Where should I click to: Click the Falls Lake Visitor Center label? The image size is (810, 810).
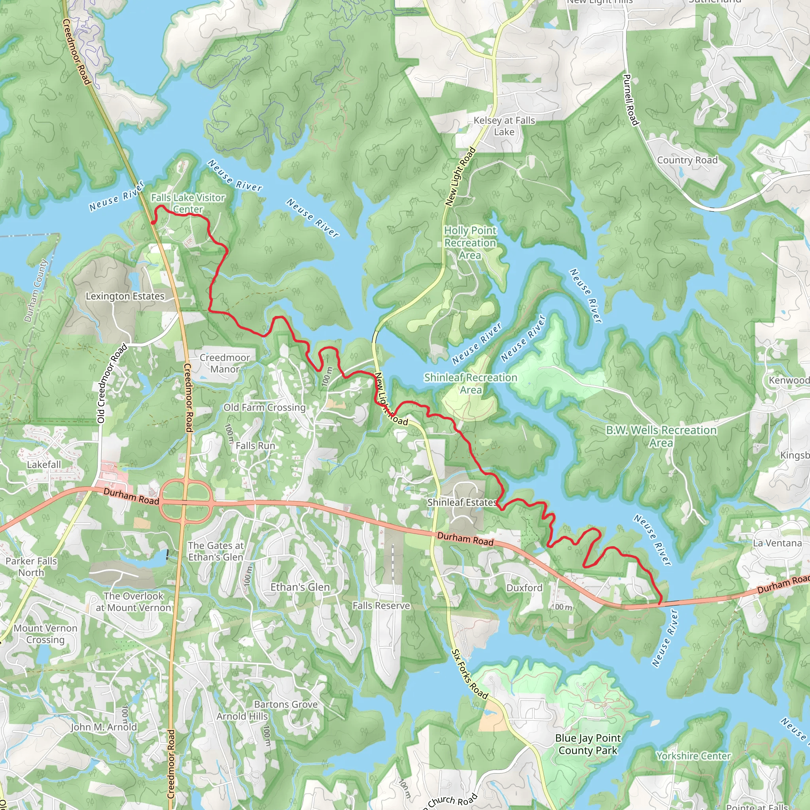pos(188,203)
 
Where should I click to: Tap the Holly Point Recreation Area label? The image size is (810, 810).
pos(470,243)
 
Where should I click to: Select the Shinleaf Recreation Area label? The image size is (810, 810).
pos(470,384)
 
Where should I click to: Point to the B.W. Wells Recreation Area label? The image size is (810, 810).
pos(661,437)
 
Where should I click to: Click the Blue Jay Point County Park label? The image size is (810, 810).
pos(588,744)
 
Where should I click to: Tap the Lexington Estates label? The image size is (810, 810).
pos(125,296)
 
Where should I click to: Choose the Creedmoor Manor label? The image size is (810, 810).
pos(225,363)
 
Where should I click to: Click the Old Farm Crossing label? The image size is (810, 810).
pos(265,407)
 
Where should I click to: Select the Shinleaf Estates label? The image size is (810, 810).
pos(462,502)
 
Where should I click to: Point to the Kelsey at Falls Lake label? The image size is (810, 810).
pos(504,126)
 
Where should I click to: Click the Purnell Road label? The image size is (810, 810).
pos(630,100)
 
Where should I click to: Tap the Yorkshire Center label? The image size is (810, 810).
pos(693,756)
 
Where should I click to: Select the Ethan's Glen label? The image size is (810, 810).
pos(300,587)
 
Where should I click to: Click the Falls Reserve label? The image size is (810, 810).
pos(381,606)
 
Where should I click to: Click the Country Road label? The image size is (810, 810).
pos(687,160)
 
